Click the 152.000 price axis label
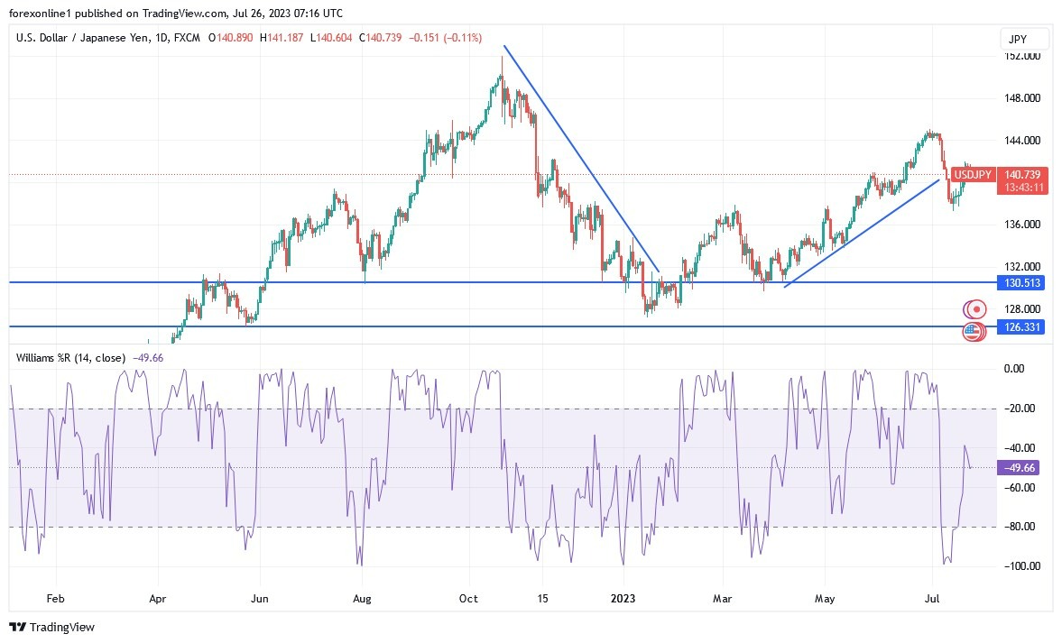point(1022,56)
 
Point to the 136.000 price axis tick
point(1022,225)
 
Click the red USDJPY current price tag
point(1020,174)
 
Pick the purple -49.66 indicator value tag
point(1020,467)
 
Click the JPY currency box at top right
point(1024,39)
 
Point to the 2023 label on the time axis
point(623,597)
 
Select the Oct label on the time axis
point(467,597)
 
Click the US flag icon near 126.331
point(972,332)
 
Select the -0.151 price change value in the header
point(427,38)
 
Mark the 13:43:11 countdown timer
point(1020,187)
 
